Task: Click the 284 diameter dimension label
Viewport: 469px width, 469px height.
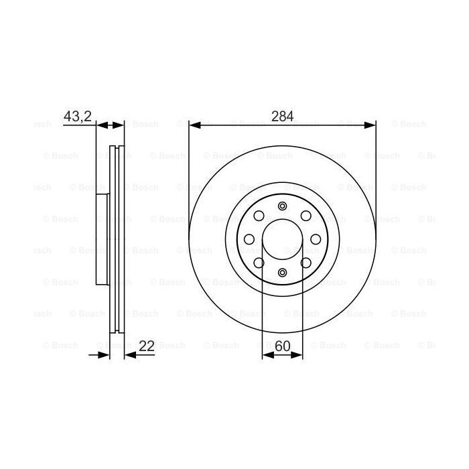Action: (x=282, y=116)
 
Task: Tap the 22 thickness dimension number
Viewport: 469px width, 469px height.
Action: (x=147, y=346)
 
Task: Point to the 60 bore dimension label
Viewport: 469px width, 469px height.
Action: (x=282, y=346)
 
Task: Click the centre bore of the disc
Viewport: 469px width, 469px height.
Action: (x=282, y=239)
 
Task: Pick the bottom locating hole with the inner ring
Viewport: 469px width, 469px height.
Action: (x=282, y=272)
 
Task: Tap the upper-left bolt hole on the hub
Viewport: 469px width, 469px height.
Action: (x=259, y=215)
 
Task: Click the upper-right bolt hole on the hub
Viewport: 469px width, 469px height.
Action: (x=306, y=215)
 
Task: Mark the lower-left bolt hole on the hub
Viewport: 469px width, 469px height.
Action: (x=259, y=262)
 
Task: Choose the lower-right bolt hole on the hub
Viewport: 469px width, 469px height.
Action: (x=306, y=262)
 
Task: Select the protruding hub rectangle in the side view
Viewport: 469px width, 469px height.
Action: (x=102, y=239)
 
